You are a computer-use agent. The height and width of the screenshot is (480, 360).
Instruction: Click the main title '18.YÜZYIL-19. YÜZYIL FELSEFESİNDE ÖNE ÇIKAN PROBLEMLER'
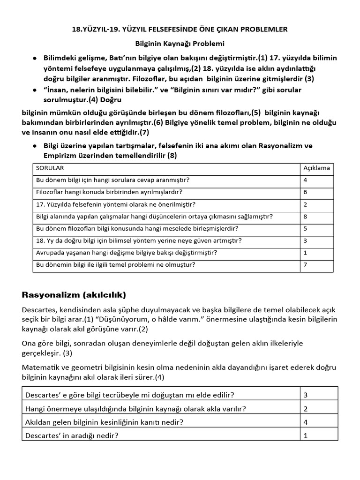pyautogui.click(x=180, y=30)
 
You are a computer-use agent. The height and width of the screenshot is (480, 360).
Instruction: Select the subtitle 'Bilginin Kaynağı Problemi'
pyautogui.click(x=180, y=44)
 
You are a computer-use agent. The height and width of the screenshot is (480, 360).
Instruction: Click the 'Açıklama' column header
pyautogui.click(x=316, y=168)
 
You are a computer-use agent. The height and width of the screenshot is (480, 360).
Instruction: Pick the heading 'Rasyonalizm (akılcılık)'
pyautogui.click(x=74, y=295)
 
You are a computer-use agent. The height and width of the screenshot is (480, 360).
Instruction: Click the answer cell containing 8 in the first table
pyautogui.click(x=305, y=217)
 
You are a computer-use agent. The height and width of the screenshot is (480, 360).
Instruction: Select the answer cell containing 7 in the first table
pyautogui.click(x=305, y=265)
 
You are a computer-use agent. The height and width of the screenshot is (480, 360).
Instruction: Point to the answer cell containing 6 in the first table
pyautogui.click(x=305, y=192)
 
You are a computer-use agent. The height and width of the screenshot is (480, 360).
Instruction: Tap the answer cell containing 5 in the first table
pyautogui.click(x=305, y=229)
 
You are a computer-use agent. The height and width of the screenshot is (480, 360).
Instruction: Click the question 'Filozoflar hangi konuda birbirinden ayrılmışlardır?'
pyautogui.click(x=109, y=192)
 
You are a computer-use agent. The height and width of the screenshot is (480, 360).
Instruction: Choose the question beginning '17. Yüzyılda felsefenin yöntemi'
pyautogui.click(x=116, y=204)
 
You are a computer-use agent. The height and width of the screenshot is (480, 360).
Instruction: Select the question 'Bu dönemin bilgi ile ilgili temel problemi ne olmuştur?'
pyautogui.click(x=116, y=265)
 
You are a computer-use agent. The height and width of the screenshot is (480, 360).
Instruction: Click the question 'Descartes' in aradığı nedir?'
pyautogui.click(x=72, y=435)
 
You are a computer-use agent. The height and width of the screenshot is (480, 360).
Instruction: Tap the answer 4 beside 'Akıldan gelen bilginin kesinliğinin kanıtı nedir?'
pyautogui.click(x=306, y=422)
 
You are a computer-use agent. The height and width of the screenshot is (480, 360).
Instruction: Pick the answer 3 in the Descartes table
pyautogui.click(x=306, y=395)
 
